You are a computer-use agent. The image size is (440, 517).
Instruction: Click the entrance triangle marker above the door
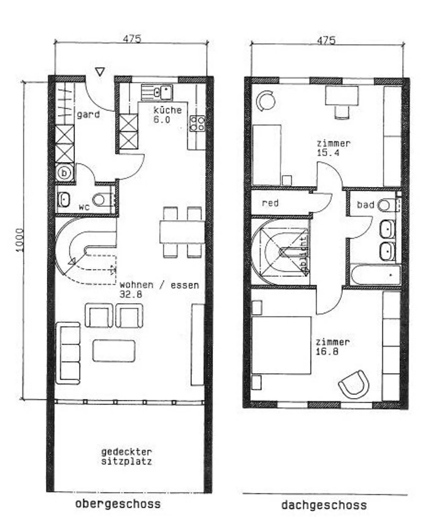100,72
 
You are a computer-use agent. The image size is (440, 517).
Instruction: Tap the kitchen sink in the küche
157,92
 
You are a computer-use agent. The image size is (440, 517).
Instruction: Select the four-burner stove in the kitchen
197,123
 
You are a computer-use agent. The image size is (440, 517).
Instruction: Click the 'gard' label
88,115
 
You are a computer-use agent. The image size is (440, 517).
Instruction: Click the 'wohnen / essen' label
159,285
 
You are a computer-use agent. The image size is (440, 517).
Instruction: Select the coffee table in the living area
114,351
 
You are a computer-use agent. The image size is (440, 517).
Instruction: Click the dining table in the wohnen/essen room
182,232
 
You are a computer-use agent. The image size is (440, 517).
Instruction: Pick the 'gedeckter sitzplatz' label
127,456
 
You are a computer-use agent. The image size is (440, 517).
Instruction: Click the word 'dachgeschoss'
324,505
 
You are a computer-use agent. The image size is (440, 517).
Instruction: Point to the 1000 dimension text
20,240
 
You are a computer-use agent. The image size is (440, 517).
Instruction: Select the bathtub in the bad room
376,275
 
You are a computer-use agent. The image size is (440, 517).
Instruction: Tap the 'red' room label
270,203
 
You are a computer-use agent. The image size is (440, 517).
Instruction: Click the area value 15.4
328,153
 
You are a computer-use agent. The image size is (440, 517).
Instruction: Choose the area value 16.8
327,351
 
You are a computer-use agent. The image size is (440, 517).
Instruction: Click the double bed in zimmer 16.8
281,345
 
